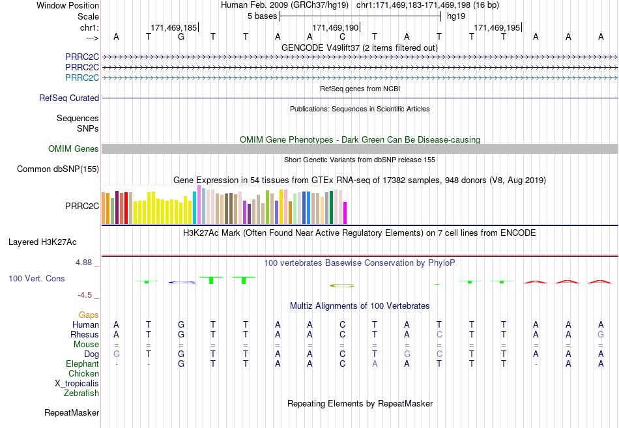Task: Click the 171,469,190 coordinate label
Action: (x=335, y=27)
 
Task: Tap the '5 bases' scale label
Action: (x=262, y=16)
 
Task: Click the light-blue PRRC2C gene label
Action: (x=82, y=78)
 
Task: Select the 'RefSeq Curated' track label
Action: (x=69, y=98)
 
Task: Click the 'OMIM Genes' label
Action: (x=74, y=149)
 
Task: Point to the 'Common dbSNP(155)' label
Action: (x=58, y=169)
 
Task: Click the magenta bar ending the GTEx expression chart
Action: (x=345, y=213)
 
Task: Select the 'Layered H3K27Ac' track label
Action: (x=42, y=242)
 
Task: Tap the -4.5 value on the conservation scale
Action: (x=85, y=295)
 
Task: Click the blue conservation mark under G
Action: (x=182, y=282)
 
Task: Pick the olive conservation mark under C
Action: (x=342, y=285)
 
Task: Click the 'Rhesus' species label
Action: (x=85, y=334)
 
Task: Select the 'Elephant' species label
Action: (x=83, y=364)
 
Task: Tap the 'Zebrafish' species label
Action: (x=81, y=393)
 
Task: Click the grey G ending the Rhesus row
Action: (x=601, y=334)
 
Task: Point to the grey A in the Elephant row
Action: (x=374, y=364)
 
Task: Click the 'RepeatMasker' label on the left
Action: (x=72, y=412)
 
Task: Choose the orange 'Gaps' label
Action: (x=89, y=315)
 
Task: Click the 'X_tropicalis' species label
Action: (x=77, y=384)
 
